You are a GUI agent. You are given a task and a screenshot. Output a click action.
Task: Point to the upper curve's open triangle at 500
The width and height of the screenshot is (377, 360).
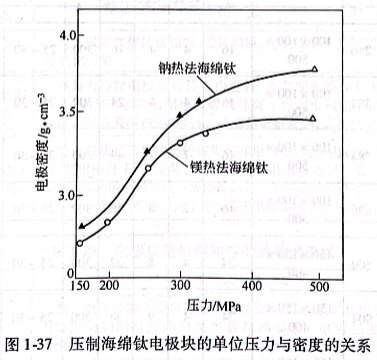coord(315,69)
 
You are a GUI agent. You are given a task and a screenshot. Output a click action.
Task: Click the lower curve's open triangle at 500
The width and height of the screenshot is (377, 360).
coord(313,118)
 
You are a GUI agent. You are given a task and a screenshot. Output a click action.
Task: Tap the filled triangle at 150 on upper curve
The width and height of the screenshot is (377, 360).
coord(80,226)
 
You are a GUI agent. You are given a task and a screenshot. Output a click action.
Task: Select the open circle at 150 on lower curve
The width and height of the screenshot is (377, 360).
coord(80,243)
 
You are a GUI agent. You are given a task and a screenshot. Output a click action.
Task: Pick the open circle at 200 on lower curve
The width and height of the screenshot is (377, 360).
coord(107,222)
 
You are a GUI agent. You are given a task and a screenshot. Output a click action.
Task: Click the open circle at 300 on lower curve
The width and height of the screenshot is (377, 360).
coord(180,143)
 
